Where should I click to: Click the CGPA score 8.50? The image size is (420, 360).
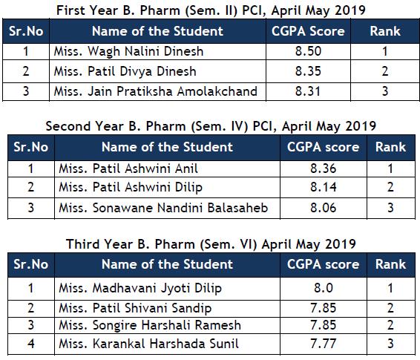[x=308, y=51]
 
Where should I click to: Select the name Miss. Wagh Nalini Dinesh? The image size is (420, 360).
[x=128, y=52]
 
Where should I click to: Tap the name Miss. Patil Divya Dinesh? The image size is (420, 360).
[x=125, y=71]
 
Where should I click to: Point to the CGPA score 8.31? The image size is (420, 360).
[x=307, y=91]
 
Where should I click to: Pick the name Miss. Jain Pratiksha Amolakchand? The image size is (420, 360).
[x=156, y=91]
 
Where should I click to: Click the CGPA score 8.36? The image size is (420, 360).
[x=323, y=168]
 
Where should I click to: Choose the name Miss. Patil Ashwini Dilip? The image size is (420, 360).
[x=131, y=187]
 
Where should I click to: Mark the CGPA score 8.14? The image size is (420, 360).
[x=323, y=187]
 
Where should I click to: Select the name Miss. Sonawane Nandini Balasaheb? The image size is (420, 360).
[x=163, y=208]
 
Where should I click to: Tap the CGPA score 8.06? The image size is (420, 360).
[x=323, y=208]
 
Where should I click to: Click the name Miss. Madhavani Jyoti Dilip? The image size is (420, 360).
[x=140, y=289]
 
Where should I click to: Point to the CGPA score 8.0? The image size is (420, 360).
[x=324, y=288]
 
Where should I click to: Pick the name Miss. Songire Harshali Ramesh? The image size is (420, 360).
[x=150, y=325]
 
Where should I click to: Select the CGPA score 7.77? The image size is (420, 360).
[x=323, y=344]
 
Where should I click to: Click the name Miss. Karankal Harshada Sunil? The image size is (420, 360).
[x=148, y=344]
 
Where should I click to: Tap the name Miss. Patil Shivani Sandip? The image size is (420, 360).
[x=135, y=308]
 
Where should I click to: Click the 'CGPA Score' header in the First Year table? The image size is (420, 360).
[x=308, y=31]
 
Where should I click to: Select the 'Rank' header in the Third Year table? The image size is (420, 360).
[x=390, y=264]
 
